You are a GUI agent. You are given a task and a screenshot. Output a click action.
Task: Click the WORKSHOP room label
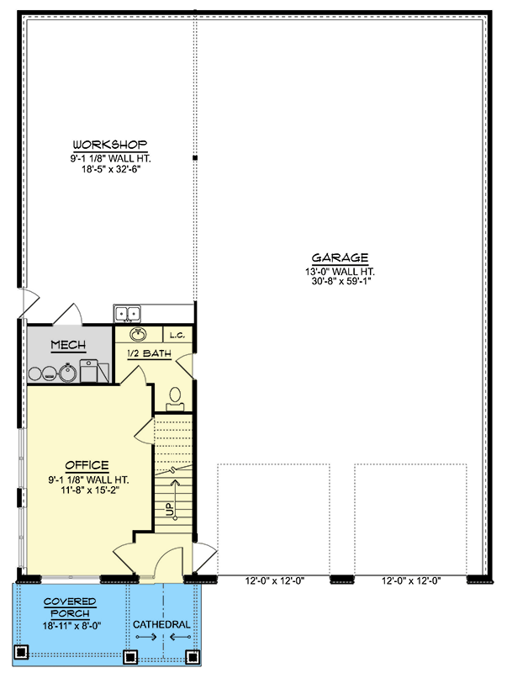click(110, 144)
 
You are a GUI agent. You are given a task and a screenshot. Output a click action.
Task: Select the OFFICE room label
click(87, 465)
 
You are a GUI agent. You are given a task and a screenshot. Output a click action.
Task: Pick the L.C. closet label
click(177, 335)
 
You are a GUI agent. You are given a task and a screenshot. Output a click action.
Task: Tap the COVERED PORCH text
click(70, 607)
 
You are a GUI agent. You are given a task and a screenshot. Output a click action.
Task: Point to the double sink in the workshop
click(128, 314)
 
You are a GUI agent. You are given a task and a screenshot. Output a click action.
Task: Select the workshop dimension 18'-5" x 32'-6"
click(110, 169)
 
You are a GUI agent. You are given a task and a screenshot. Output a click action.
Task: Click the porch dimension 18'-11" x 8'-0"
click(70, 627)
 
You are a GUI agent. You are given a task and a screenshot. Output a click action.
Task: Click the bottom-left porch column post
click(23, 652)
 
